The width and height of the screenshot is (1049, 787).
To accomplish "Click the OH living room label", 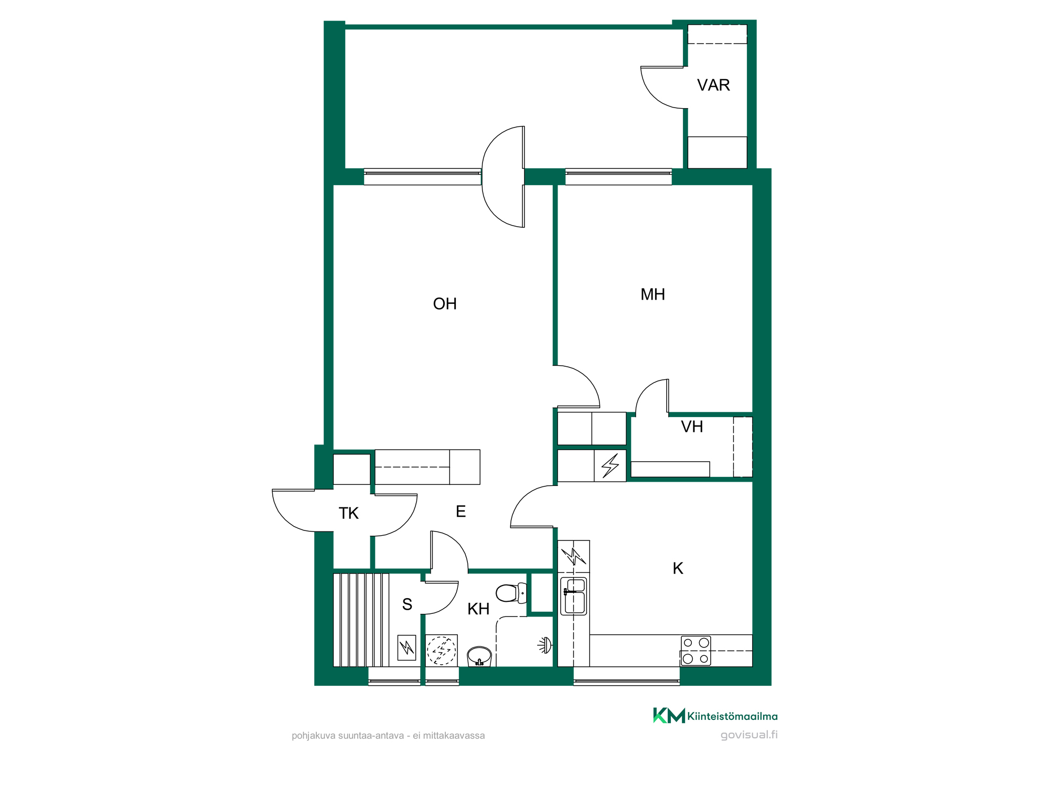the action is tap(445, 304).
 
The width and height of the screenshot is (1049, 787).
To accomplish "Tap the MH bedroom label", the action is tap(652, 294).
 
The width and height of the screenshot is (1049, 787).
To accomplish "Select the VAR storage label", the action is tap(713, 85).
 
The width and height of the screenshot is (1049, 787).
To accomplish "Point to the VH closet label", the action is tap(692, 427).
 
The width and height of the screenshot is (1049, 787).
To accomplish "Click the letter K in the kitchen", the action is tap(678, 568).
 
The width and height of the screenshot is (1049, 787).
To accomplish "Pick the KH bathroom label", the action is tap(478, 609).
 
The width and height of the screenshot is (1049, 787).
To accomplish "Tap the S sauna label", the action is tap(407, 604).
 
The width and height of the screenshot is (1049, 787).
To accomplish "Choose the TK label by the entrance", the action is tap(348, 513).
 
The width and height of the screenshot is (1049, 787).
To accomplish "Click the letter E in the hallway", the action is tap(461, 512).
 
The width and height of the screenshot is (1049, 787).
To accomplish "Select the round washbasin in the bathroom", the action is tap(479, 656).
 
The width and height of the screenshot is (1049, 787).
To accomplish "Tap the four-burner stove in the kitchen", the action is tap(696, 651).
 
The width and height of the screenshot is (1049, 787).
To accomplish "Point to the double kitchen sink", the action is tap(574, 596).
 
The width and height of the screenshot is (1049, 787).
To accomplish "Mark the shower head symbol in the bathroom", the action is tap(545, 645).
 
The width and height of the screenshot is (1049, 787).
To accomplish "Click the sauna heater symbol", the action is tap(406, 647).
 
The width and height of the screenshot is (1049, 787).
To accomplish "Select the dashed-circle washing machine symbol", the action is tap(441, 651).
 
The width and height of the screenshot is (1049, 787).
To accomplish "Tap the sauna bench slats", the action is tap(361, 620).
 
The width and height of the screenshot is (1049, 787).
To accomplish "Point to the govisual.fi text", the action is tap(749, 735).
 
